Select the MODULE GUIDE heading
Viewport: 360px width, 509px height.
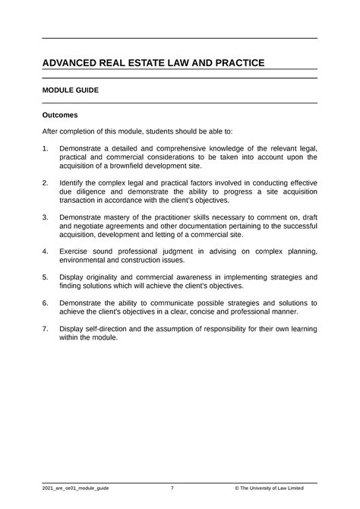[x=71, y=90]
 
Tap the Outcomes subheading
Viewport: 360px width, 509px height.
[x=60, y=115]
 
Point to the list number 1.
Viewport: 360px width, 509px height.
[x=45, y=147]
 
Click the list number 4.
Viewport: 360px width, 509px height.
[x=45, y=250]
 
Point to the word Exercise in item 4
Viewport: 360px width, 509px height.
[x=81, y=250]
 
